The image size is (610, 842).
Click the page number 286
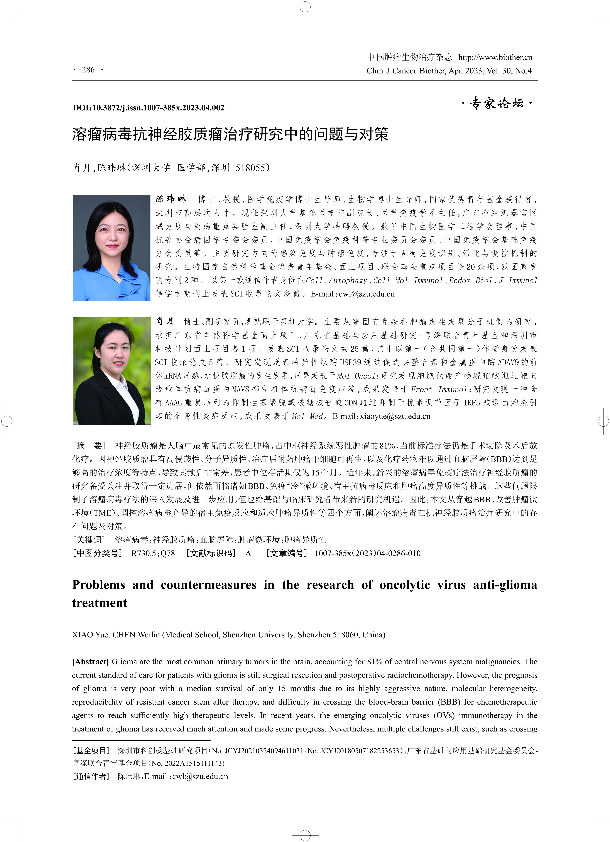click(88, 70)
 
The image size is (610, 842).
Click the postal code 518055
click(250, 168)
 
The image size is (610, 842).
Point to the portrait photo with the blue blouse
click(112, 248)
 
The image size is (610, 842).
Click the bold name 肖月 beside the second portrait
click(165, 321)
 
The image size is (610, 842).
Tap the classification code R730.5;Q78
click(153, 554)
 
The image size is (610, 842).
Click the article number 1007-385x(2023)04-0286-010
click(367, 554)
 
